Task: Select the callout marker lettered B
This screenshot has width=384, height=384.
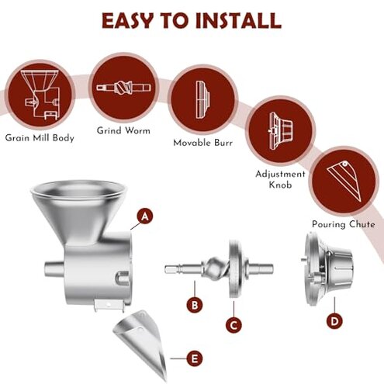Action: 194,306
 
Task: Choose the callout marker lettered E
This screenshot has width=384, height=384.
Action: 195,358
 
